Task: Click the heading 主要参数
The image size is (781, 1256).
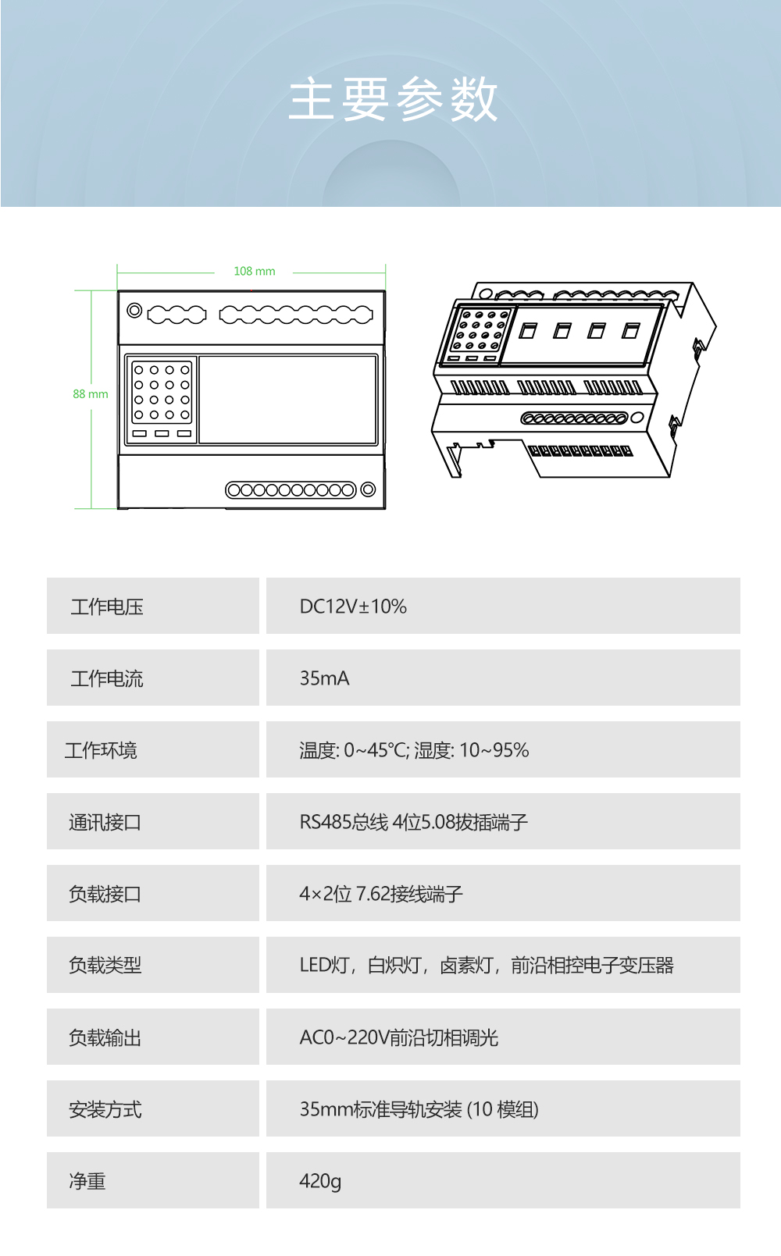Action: click(393, 100)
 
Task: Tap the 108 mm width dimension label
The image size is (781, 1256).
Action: click(254, 272)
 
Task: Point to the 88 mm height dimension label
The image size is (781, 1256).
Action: click(91, 394)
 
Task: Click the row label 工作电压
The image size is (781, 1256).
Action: click(107, 607)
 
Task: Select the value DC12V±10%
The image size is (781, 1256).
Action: click(353, 607)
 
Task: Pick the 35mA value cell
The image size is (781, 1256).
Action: click(324, 678)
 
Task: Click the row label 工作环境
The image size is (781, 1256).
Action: click(101, 750)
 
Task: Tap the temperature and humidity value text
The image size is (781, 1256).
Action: click(414, 750)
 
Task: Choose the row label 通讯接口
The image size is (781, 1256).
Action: click(105, 822)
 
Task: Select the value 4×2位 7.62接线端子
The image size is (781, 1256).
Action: click(381, 894)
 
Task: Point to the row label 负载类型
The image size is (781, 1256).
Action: click(105, 966)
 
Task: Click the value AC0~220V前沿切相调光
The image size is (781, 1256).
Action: click(398, 1037)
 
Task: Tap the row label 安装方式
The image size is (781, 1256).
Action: click(105, 1109)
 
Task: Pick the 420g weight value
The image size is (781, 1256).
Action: click(320, 1181)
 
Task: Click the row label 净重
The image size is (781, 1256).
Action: click(87, 1181)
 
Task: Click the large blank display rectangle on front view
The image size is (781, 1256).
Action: click(288, 400)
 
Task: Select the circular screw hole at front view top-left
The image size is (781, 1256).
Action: click(134, 311)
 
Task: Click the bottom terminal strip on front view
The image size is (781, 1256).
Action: click(291, 489)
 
